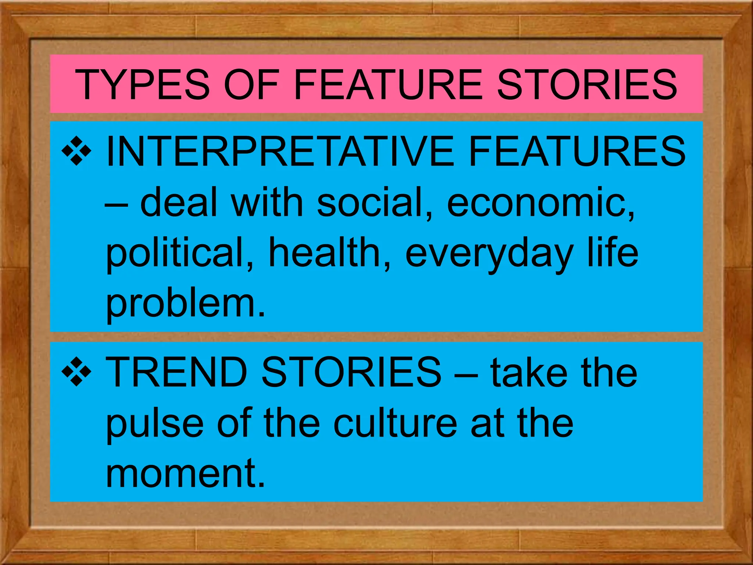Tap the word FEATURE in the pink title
(388, 85)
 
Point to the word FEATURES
(577, 151)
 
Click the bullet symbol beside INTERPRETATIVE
(76, 151)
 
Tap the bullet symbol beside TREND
(76, 372)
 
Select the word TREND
(176, 372)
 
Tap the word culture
(395, 423)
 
